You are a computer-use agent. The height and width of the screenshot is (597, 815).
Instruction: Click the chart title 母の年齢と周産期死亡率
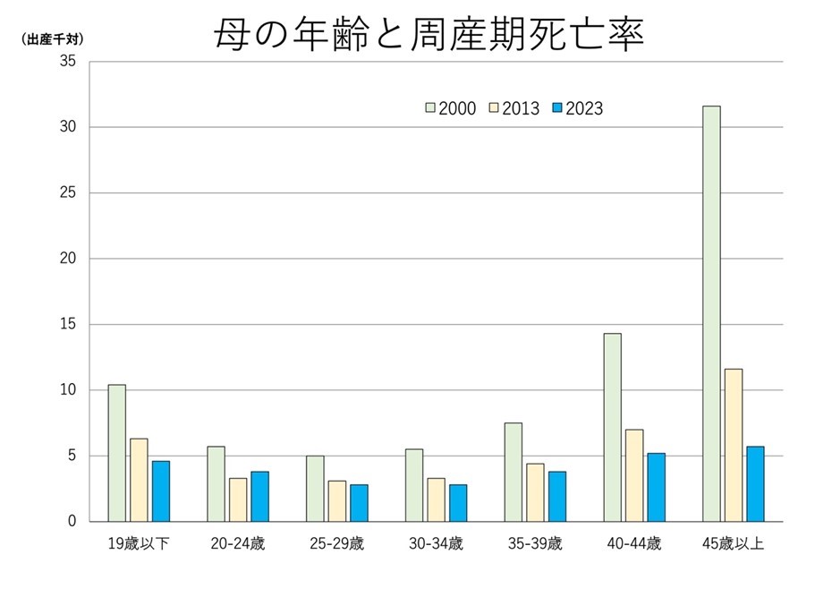tap(429, 35)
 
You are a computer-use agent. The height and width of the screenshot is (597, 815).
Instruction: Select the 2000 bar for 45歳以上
tap(711, 313)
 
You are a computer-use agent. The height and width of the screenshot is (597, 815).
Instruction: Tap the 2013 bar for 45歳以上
tap(734, 445)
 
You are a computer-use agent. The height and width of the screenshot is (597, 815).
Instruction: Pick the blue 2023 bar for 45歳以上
tap(755, 483)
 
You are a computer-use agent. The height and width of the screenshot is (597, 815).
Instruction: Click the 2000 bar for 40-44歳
tap(612, 427)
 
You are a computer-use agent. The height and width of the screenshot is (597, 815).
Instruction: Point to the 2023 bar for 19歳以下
tap(161, 490)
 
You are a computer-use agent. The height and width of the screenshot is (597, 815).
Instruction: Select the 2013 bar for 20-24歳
tap(238, 499)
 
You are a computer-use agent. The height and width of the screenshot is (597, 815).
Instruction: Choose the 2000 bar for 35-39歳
tap(514, 472)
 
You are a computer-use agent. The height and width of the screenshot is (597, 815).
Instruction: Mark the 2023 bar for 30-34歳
tap(458, 502)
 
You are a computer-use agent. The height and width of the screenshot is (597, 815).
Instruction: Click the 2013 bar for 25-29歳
tap(337, 500)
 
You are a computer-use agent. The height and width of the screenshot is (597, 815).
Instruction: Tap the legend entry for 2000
tap(450, 108)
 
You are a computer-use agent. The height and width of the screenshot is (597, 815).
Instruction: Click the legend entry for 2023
tap(577, 108)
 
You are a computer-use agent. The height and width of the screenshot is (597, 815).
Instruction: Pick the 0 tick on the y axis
tap(73, 522)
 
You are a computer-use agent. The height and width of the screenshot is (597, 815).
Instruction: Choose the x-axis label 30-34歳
tap(436, 543)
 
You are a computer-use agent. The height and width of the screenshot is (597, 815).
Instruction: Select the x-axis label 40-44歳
tap(634, 543)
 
